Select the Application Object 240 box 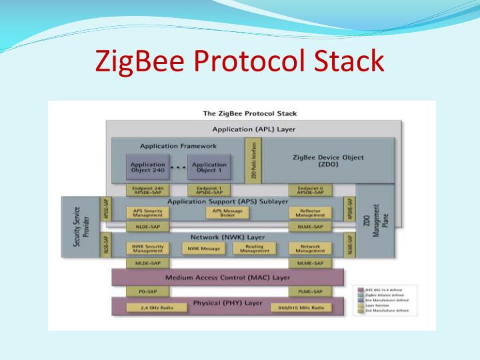click(147, 167)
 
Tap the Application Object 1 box click(209, 167)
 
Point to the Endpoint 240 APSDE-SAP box click(147, 191)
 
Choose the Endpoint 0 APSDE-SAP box click(310, 191)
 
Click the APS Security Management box click(147, 213)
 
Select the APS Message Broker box click(227, 213)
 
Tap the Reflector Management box click(310, 213)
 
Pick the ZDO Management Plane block click(375, 223)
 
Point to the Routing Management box click(255, 249)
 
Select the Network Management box click(310, 249)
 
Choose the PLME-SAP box click(310, 292)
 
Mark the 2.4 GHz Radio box click(147, 309)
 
